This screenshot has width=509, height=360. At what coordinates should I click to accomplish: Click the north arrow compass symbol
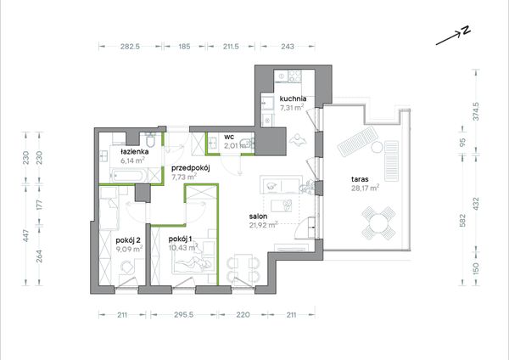453,35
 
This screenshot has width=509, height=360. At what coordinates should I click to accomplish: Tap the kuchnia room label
293,98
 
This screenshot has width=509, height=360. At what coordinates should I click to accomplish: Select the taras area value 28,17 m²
365,188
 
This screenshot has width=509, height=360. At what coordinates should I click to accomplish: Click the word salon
259,216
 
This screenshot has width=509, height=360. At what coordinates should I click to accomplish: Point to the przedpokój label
191,168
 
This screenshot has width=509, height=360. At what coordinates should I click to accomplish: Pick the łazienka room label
135,152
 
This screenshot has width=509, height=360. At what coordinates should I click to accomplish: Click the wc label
229,137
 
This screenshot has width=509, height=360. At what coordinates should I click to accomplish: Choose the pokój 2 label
128,240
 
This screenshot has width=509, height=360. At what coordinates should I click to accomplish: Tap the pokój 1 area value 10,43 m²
183,248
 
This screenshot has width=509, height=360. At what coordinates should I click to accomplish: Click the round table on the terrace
379,223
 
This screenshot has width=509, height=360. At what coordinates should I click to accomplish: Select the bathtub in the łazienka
126,177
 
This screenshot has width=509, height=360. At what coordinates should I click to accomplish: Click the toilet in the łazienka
151,140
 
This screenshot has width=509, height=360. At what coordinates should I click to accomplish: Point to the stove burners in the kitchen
294,76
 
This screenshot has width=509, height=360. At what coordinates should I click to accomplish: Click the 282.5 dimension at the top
130,47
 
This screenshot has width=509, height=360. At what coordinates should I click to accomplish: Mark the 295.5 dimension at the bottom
184,314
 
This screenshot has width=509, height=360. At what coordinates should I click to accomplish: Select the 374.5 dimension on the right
476,111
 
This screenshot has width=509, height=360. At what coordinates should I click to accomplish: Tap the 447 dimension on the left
26,235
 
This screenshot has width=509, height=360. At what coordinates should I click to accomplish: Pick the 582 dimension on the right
462,220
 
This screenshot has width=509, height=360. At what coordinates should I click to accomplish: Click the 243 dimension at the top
288,47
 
